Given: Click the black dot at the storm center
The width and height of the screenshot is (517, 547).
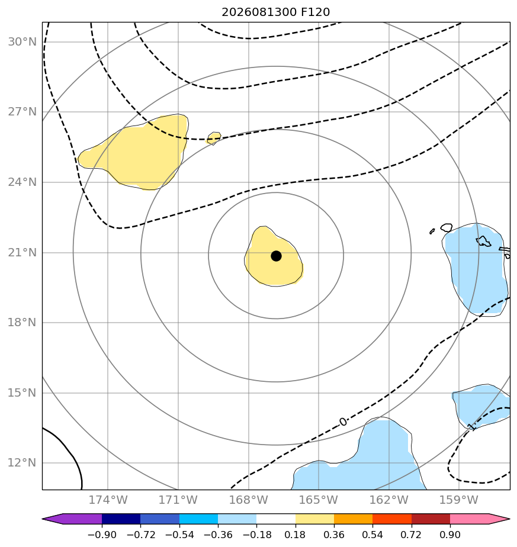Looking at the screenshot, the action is tap(276, 256).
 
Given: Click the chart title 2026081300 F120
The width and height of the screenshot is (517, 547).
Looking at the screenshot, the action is tap(275, 12).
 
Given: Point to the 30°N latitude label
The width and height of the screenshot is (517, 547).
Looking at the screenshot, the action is tap(22, 42).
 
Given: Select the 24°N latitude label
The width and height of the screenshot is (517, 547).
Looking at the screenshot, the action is tap(22, 182).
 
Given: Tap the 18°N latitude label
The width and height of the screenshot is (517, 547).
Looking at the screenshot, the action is tap(22, 322).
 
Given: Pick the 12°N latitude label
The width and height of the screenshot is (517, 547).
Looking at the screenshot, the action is tap(22, 462).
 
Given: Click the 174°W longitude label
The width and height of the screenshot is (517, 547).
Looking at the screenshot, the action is tap(108, 500).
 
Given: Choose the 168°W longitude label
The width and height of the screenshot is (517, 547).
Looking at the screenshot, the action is tap(248, 500).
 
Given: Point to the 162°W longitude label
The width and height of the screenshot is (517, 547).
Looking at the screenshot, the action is tap(388, 500).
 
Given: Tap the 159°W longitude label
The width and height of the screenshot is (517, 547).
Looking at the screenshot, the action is tap(458, 500).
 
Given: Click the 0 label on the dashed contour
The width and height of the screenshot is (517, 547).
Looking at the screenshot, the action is tap(343, 422).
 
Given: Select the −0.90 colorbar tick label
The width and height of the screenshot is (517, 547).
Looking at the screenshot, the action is tap(102, 535).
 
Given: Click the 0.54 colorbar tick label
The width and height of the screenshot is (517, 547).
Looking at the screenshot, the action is tap(373, 535).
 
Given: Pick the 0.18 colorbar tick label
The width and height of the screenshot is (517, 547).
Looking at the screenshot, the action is tap(295, 535).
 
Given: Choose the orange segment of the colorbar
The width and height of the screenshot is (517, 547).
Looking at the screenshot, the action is tap(354, 519).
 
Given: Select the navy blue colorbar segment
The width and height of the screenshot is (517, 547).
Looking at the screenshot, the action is tap(121, 519).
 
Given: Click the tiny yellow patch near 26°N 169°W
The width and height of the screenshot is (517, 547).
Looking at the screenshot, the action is tap(214, 138).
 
